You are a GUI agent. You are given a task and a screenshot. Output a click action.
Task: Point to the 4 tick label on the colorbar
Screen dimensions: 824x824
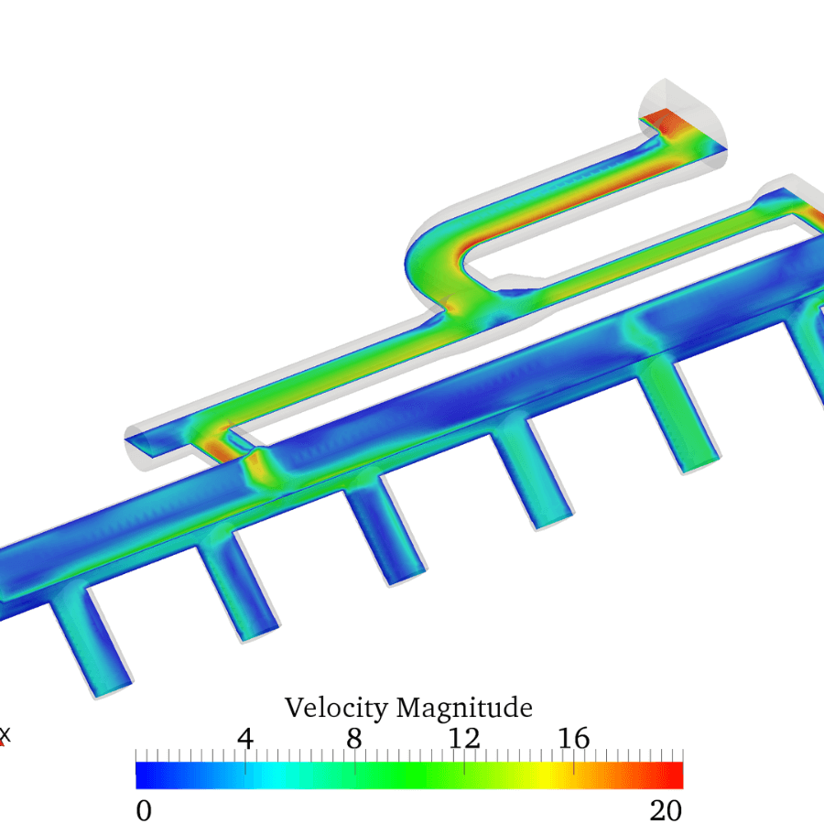pyautogui.click(x=245, y=738)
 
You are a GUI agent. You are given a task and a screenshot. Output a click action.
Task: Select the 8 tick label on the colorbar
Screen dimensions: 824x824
pyautogui.click(x=354, y=738)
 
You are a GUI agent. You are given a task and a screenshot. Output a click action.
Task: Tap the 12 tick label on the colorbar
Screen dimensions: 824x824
pyautogui.click(x=464, y=738)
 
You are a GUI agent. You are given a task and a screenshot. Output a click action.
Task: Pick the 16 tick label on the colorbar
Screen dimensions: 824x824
pyautogui.click(x=574, y=738)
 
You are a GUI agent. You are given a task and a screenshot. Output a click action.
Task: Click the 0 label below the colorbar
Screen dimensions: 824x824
pyautogui.click(x=143, y=810)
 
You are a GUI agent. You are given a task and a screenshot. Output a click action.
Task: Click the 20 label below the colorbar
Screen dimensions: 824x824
pyautogui.click(x=666, y=810)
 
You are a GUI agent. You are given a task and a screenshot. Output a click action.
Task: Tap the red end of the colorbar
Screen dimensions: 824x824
pyautogui.click(x=676, y=775)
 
